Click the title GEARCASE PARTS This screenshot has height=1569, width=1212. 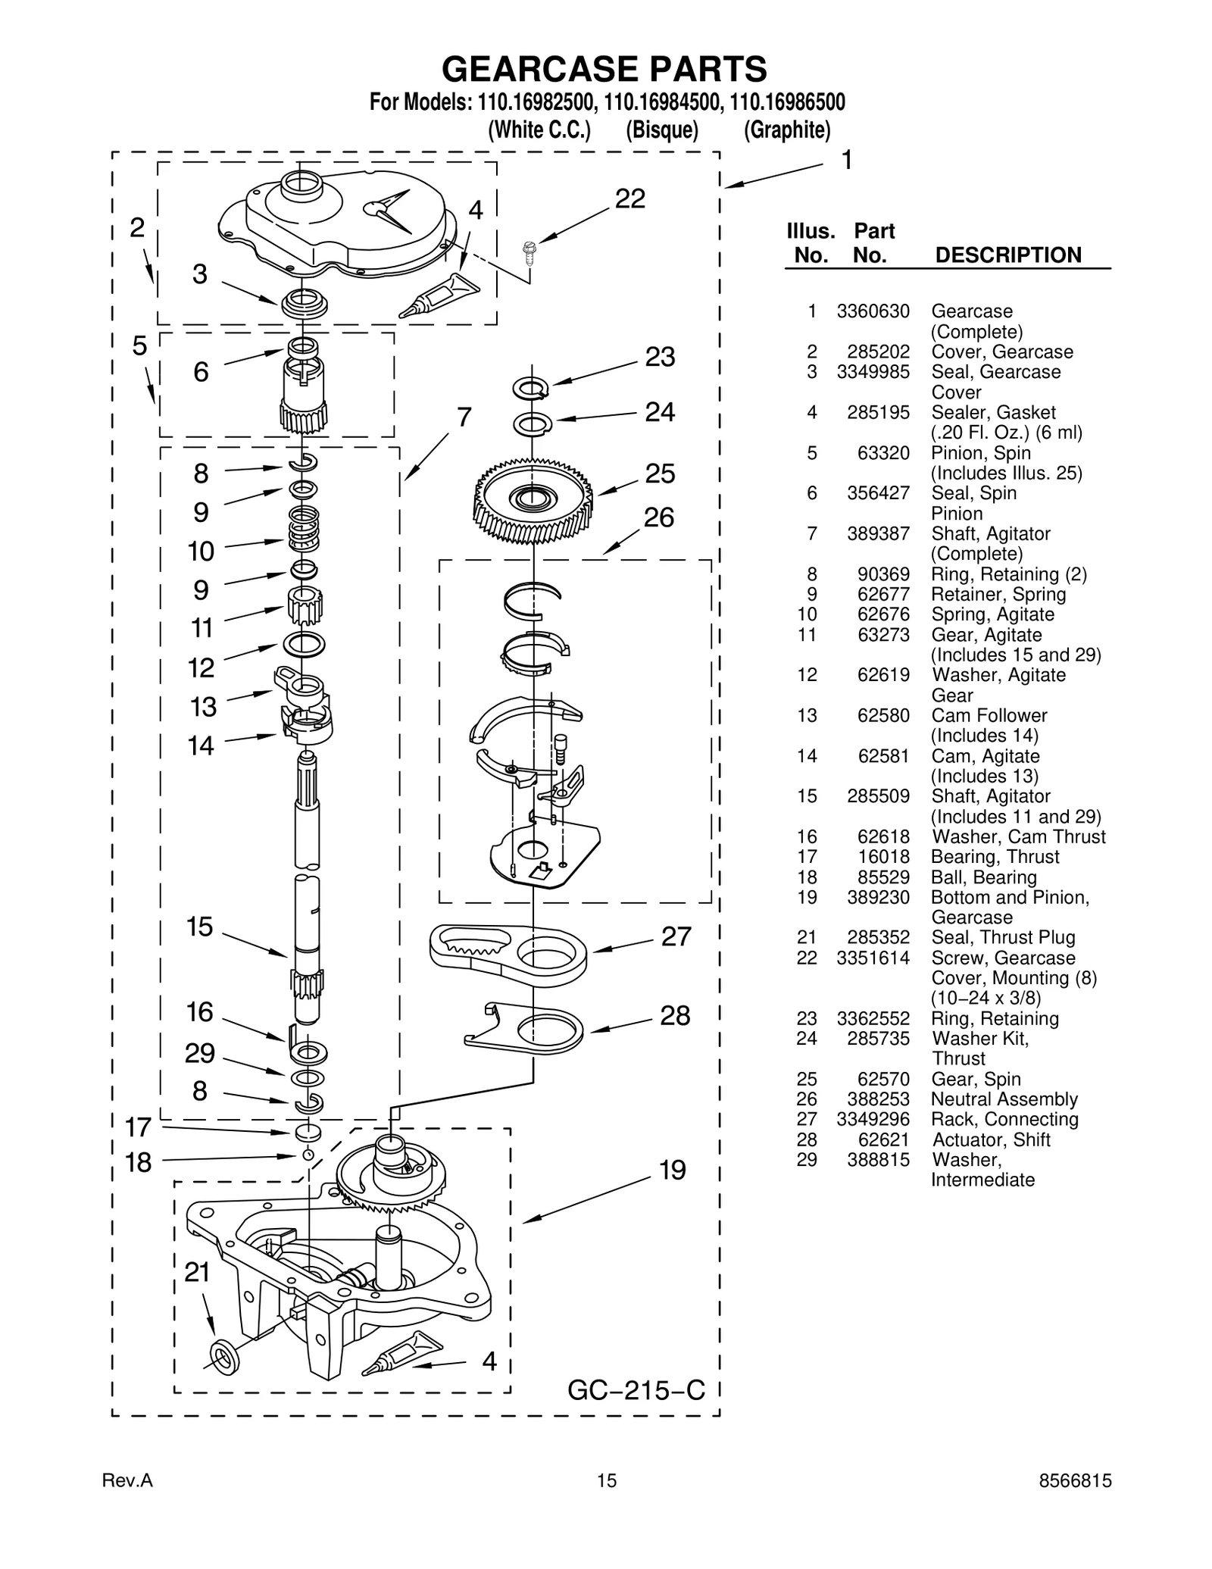tap(604, 69)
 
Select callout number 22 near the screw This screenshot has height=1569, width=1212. tap(629, 199)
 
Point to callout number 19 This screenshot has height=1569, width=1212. tap(672, 1170)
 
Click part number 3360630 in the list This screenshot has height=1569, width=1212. tap(873, 311)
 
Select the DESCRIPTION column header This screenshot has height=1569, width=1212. tap(1008, 255)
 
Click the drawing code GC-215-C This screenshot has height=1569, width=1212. tap(636, 1390)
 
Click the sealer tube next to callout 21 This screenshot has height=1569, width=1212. tap(402, 1352)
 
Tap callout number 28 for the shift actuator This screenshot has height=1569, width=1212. tap(674, 1016)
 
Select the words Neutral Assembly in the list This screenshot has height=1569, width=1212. tap(1004, 1099)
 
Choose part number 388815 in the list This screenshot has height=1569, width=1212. tap(878, 1160)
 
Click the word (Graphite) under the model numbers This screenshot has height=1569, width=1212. tap(786, 130)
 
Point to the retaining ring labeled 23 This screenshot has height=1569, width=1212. tap(531, 389)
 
